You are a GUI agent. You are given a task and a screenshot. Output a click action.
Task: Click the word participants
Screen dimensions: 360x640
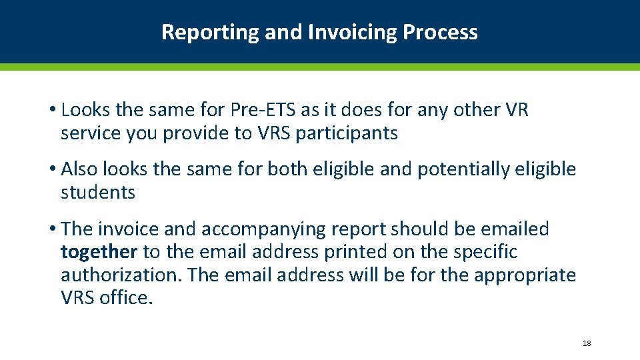click(347, 133)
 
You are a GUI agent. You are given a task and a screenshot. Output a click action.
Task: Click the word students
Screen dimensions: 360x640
click(98, 193)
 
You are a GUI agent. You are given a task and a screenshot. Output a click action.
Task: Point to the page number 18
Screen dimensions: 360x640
click(587, 343)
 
